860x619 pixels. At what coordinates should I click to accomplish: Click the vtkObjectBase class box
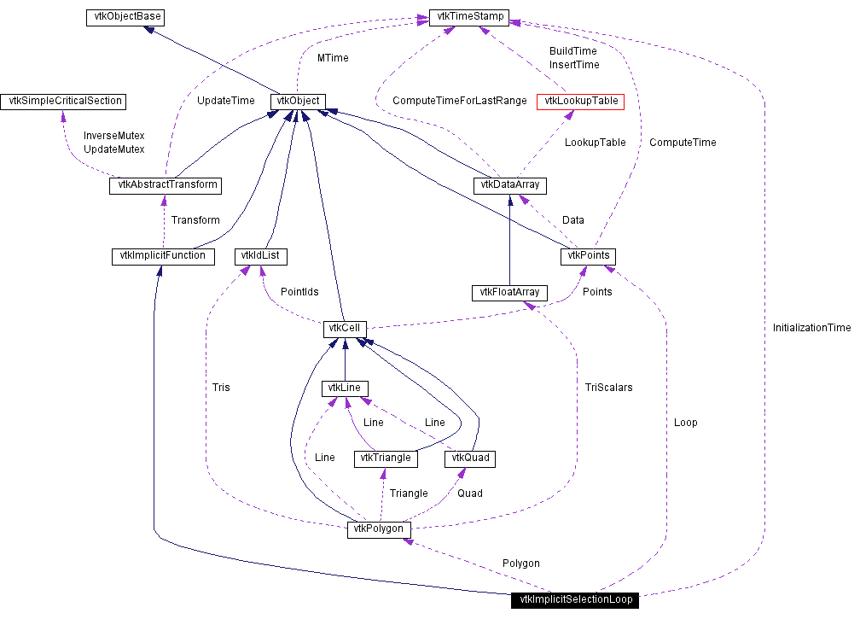click(125, 17)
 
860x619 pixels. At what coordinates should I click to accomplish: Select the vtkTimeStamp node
click(469, 17)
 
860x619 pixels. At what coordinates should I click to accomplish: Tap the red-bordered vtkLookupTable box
click(580, 102)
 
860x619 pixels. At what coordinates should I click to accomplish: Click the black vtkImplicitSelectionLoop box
click(575, 600)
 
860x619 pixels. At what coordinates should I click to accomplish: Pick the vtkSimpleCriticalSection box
click(63, 102)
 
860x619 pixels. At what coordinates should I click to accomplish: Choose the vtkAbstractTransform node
click(166, 185)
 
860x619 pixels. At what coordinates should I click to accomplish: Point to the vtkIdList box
click(260, 256)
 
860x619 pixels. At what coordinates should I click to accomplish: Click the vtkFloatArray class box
click(509, 293)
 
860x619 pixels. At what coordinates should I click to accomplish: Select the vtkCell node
click(345, 330)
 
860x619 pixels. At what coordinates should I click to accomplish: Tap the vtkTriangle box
click(386, 458)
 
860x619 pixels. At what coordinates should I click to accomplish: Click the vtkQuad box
click(470, 458)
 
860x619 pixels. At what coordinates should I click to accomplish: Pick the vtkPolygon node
click(379, 529)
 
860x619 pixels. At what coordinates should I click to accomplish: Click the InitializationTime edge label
click(811, 328)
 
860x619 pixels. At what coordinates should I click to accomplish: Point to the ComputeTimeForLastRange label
click(460, 101)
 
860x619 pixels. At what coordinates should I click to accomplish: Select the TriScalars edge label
click(609, 388)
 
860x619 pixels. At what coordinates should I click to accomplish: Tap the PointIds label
click(299, 291)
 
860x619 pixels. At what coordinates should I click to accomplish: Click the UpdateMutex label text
click(114, 149)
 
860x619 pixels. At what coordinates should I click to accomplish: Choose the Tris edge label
click(221, 388)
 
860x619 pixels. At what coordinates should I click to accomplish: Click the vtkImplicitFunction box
click(163, 256)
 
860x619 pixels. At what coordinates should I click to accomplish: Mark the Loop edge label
click(686, 423)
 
